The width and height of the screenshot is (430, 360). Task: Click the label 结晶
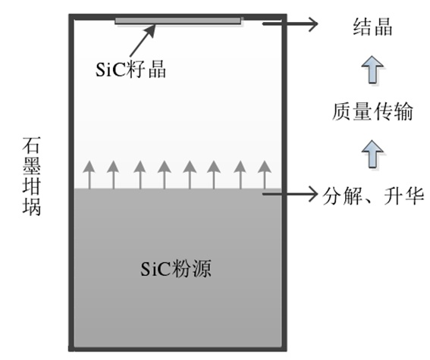[372, 27]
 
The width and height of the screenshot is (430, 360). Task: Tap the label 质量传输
[372, 111]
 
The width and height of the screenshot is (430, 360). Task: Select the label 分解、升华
[373, 196]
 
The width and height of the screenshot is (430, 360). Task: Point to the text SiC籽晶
[130, 69]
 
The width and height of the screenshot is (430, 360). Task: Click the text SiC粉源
[176, 268]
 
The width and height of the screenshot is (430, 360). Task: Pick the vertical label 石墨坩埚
[32, 177]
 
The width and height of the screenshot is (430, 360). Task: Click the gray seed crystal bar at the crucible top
[178, 20]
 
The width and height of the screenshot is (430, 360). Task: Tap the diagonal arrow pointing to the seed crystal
[143, 41]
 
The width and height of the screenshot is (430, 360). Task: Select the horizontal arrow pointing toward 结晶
[290, 23]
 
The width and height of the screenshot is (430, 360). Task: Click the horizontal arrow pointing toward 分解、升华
[290, 194]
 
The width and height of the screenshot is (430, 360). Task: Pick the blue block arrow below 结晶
[372, 69]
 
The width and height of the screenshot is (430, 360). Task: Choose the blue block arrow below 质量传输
[372, 154]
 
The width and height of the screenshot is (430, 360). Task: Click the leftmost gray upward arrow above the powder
[89, 175]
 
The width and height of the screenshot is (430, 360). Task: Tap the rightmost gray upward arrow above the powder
[265, 175]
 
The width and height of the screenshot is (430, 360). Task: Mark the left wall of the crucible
[71, 183]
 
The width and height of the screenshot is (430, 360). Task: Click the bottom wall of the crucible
[177, 349]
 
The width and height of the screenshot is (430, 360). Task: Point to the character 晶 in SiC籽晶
[157, 69]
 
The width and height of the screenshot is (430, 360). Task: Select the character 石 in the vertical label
[32, 146]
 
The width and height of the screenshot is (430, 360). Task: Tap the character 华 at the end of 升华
[415, 196]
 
